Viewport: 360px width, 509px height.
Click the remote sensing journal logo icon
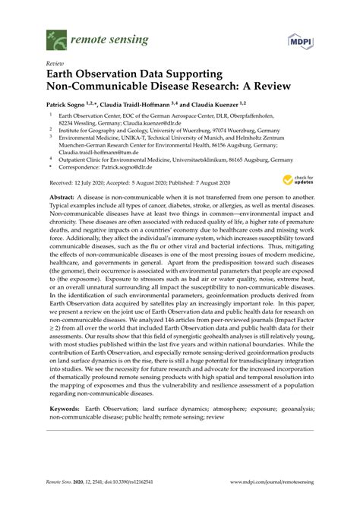55,36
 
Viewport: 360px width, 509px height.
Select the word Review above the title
55,65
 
